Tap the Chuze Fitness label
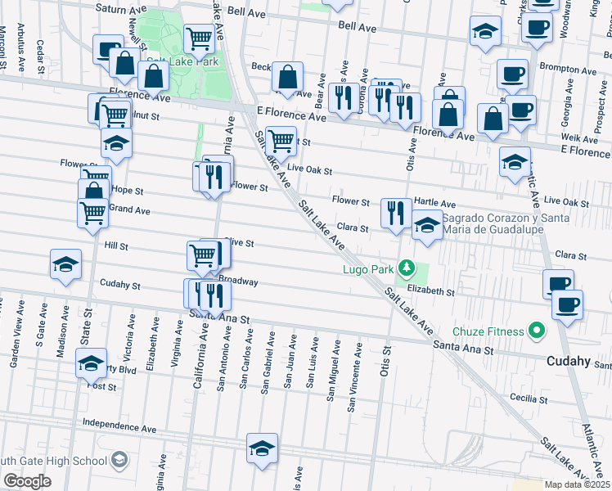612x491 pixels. pos(490,331)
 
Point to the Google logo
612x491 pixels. pos(26,480)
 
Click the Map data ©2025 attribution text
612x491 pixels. pos(578,484)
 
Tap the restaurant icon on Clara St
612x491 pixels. pos(396,213)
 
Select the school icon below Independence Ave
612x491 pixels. pos(262,448)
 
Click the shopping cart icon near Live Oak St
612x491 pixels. pos(281,141)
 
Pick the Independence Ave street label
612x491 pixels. pos(119,428)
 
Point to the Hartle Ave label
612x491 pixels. pos(434,202)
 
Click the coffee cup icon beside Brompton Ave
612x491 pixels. pos(513,74)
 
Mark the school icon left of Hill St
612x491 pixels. pos(65,264)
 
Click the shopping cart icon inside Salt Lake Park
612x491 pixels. pos(199,38)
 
